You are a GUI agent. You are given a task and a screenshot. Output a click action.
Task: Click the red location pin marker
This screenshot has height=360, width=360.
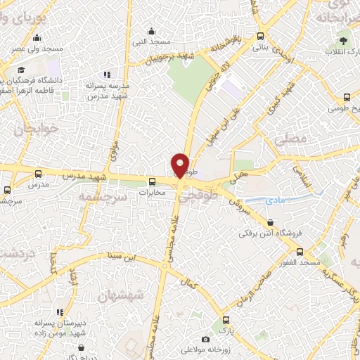pos(180,165)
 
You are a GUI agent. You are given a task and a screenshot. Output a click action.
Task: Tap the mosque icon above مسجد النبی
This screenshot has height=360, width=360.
pos(151,30)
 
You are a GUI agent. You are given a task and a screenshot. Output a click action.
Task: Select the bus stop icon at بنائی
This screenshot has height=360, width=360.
pos(260,37)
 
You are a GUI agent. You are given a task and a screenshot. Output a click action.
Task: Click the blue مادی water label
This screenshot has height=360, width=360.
pos(275,200)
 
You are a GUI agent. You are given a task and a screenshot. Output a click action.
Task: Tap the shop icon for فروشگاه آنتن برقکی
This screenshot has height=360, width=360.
pos(271,222)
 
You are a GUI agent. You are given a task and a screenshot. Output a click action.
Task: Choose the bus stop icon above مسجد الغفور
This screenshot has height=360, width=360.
pos(300,251)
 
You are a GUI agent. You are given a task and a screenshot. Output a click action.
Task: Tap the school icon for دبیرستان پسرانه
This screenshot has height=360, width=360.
pos(60,311)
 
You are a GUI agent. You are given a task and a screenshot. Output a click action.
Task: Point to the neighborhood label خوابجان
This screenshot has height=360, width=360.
pos(33,129)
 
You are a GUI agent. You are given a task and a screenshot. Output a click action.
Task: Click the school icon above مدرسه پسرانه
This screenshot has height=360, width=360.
pos(107,74)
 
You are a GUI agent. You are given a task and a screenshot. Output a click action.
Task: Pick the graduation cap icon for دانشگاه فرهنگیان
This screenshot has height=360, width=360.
pos(21,70)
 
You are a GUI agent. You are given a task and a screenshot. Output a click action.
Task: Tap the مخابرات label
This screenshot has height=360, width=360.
pos(151,191)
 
